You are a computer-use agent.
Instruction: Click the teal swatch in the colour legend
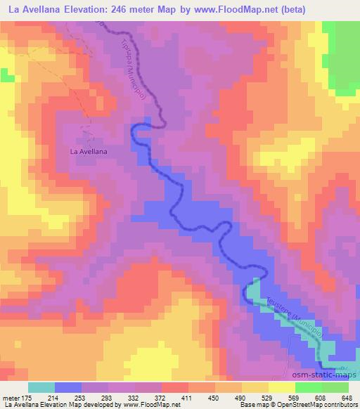click(x=42, y=387)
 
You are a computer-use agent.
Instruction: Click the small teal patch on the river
click(x=253, y=290)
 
